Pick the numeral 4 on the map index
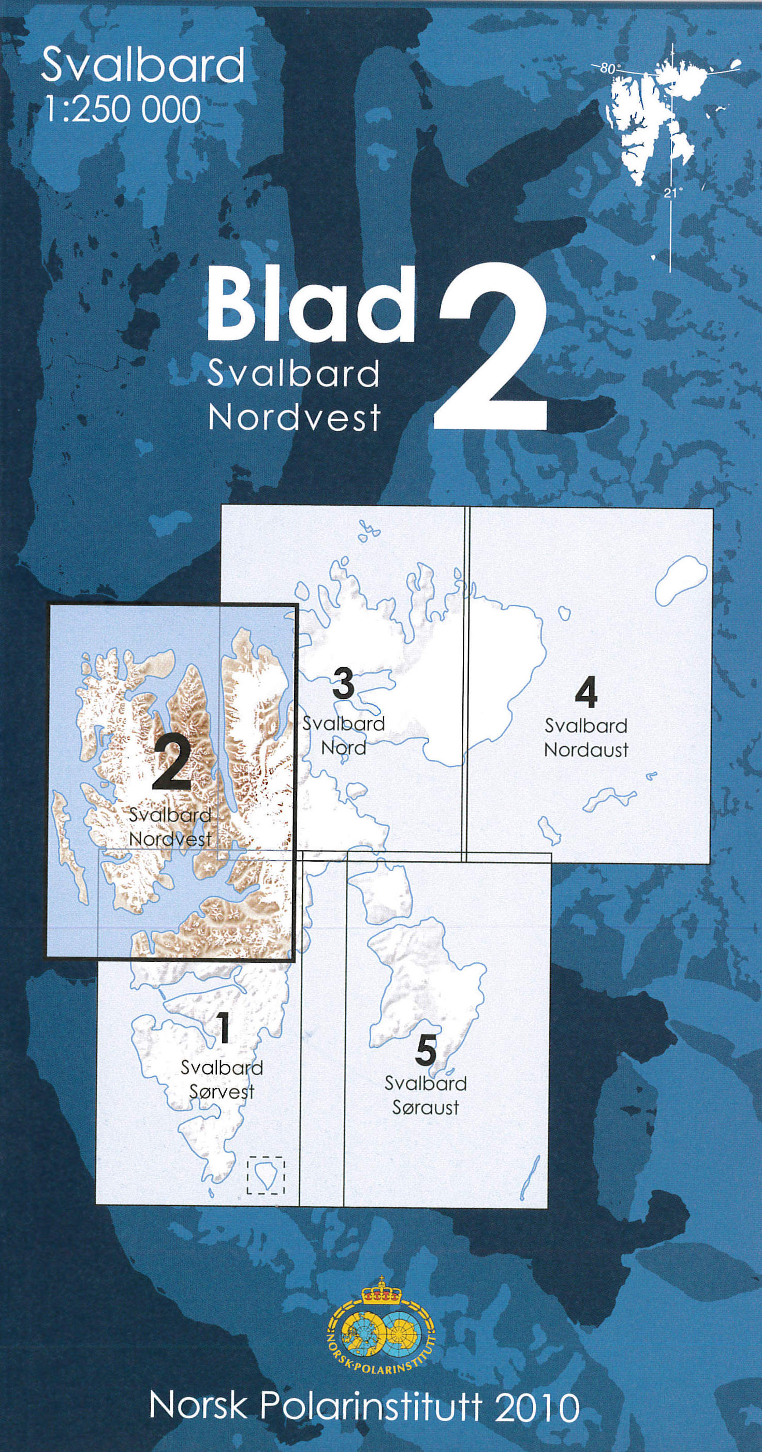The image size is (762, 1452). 586,693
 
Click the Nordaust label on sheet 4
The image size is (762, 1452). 586,750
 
